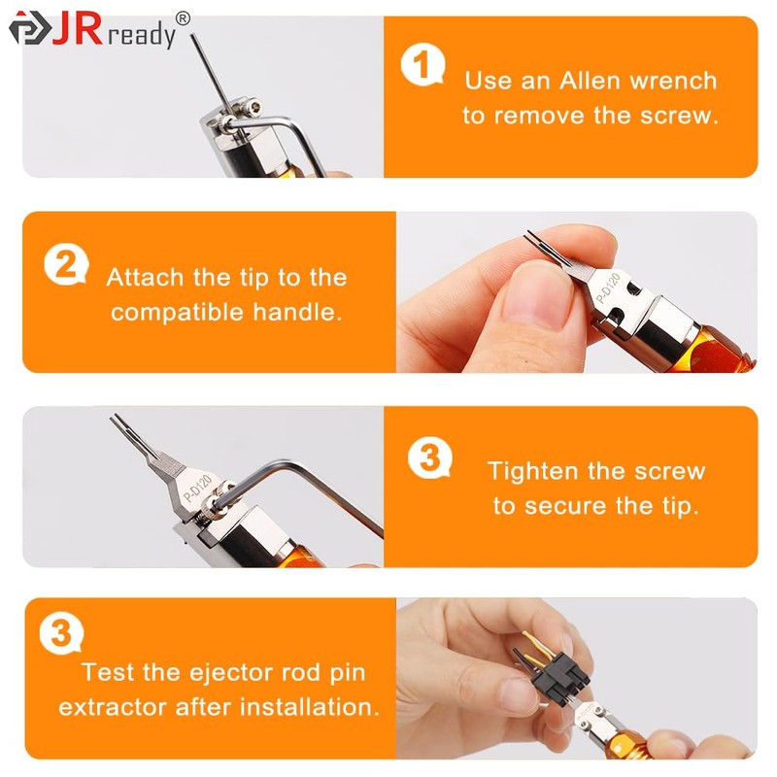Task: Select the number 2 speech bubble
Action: [x=66, y=263]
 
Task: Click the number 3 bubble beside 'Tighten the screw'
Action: [x=428, y=456]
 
